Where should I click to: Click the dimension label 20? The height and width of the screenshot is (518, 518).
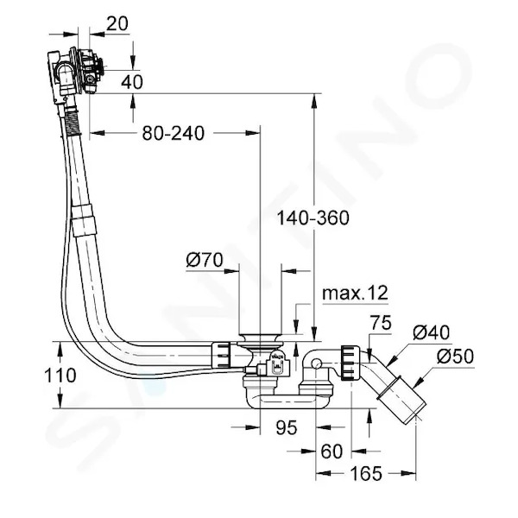(x=117, y=24)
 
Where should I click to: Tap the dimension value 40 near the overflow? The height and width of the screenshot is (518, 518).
(x=132, y=82)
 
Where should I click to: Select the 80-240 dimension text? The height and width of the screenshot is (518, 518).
(x=174, y=134)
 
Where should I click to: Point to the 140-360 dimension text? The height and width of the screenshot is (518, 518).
(x=313, y=218)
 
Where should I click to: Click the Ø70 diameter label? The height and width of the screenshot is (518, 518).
(x=205, y=260)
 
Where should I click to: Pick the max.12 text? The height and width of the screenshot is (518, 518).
(x=355, y=293)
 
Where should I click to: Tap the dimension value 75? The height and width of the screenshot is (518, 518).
(x=380, y=323)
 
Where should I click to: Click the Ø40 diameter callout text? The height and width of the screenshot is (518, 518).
(x=431, y=332)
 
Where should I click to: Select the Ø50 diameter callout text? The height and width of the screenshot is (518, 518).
(x=455, y=356)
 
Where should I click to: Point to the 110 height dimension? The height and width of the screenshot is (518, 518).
(x=60, y=376)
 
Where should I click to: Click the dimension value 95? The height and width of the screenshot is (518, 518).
(x=287, y=427)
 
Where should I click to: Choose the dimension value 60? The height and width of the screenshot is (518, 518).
(x=332, y=452)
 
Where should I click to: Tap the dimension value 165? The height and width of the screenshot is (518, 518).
(x=366, y=474)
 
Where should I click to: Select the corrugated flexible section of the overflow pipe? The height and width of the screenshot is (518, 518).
(x=73, y=123)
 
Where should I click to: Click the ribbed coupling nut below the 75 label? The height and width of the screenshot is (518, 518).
(x=351, y=363)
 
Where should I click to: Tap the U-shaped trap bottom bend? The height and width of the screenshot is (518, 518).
(x=288, y=401)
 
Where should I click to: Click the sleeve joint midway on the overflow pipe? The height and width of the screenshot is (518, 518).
(x=83, y=219)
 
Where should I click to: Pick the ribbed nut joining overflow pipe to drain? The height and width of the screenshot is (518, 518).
(x=221, y=355)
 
